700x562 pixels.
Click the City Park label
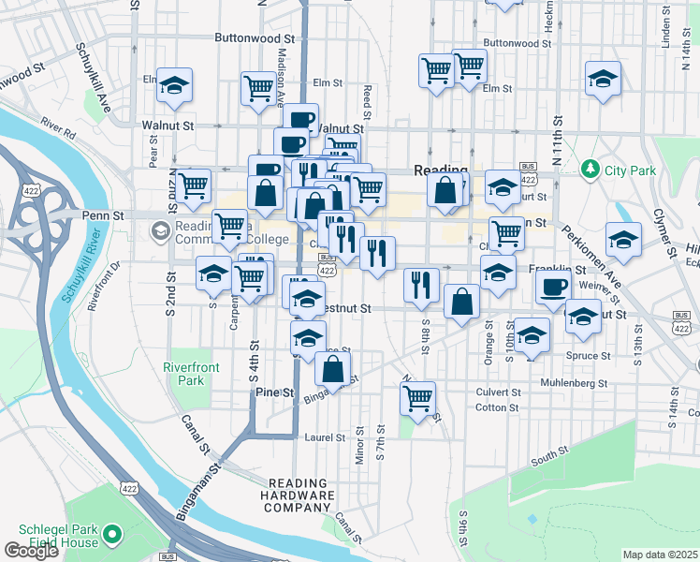(631, 170)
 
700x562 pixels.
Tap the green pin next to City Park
(590, 170)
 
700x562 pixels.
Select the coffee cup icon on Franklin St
(552, 288)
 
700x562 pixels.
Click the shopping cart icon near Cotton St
(417, 397)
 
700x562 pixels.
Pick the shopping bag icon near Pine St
(332, 368)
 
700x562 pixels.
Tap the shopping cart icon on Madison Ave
(258, 90)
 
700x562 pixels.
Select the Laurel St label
(325, 437)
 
